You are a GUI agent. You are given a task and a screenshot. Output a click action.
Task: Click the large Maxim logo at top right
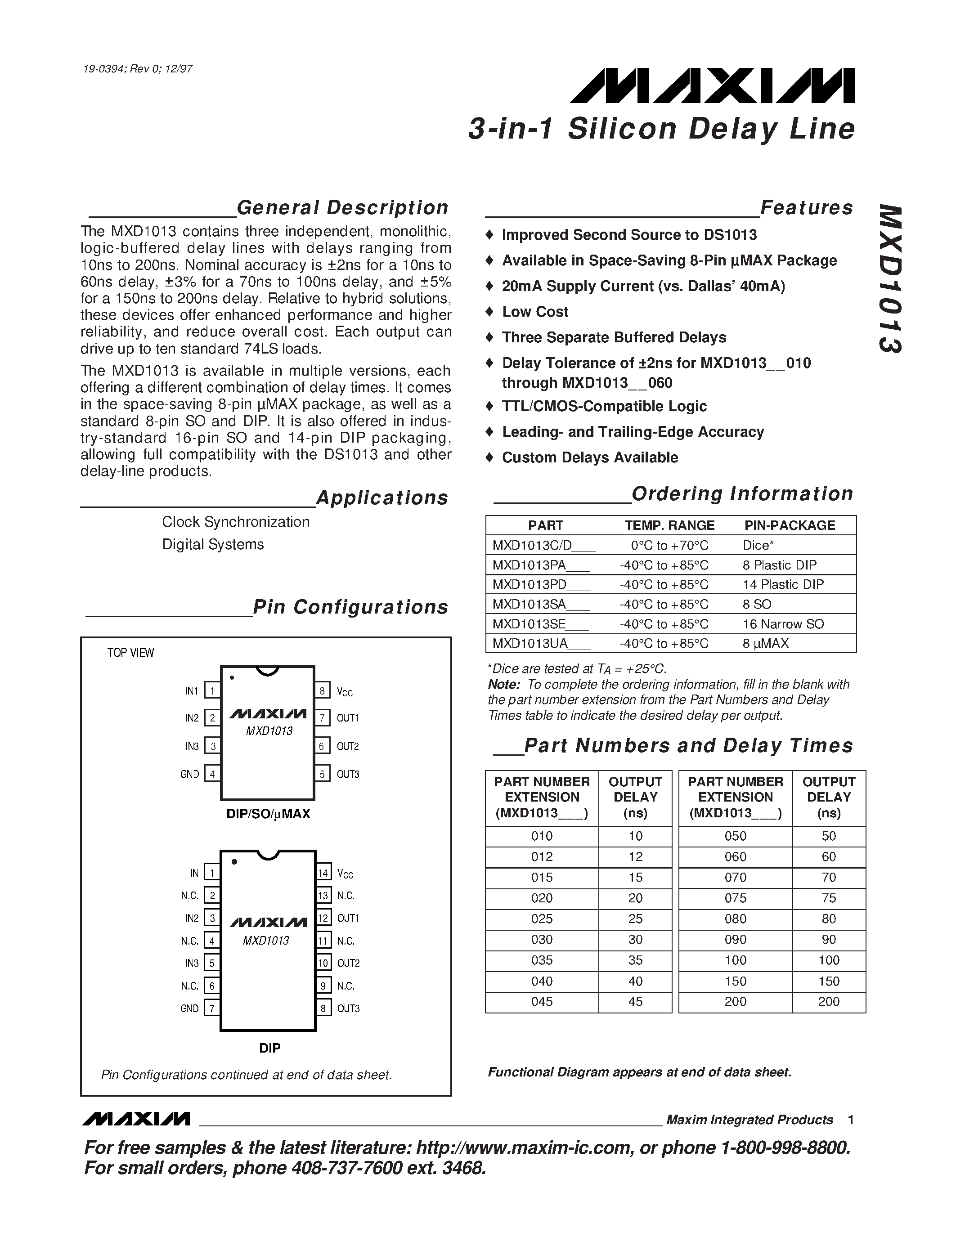[712, 86]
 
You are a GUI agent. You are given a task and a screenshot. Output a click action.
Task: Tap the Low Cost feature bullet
[534, 312]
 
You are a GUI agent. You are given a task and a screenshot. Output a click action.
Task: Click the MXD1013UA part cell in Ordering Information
[541, 643]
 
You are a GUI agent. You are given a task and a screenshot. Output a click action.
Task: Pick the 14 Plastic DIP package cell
[783, 584]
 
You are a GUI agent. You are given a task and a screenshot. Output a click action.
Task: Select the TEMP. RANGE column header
[669, 525]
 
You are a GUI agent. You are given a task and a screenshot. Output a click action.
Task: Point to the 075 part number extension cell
[735, 898]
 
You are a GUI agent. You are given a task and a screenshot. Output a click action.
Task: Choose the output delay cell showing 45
[635, 1001]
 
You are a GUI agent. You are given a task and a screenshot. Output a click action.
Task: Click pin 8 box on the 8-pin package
[322, 690]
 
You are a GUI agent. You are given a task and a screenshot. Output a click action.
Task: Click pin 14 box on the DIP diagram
[323, 873]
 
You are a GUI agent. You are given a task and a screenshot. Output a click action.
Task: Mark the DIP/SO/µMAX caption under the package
[269, 814]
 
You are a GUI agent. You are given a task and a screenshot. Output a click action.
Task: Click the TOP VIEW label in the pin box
[130, 653]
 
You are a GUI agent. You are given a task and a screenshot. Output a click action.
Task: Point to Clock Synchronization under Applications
[236, 522]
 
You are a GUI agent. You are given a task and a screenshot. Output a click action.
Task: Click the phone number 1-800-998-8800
[785, 1147]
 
